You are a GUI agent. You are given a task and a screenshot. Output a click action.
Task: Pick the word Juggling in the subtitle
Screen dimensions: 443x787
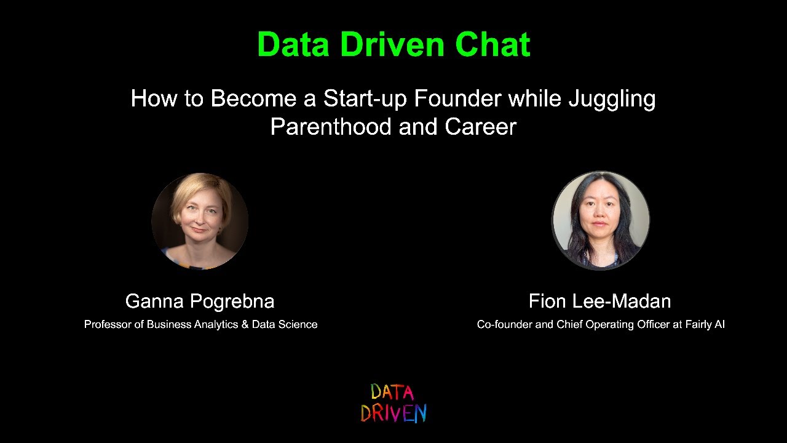611,98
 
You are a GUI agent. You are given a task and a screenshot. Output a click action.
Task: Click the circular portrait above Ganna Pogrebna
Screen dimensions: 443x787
200,221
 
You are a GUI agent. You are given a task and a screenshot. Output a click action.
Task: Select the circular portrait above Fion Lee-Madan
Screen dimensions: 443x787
600,220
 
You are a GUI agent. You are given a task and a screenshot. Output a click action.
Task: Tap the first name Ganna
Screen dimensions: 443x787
154,301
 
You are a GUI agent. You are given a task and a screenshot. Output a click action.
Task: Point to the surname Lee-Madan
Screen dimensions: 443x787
622,301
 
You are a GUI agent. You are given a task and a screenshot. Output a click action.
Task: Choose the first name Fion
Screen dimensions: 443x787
547,301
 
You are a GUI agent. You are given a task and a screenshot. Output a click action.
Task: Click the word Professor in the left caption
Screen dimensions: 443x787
107,324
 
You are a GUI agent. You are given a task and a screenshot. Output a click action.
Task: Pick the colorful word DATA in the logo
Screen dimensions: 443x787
392,392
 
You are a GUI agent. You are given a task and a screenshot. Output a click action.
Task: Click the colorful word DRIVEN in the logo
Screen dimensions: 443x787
393,413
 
